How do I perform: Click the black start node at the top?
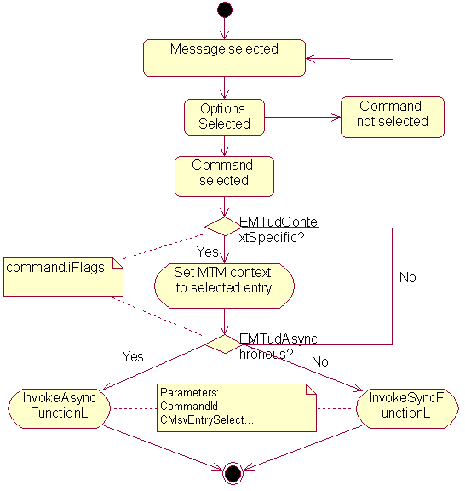click(x=224, y=10)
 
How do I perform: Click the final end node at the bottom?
click(x=232, y=474)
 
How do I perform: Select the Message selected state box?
click(x=224, y=56)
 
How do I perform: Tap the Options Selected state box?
click(x=224, y=117)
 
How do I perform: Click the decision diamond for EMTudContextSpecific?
click(x=224, y=227)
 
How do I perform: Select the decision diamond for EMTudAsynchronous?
click(x=224, y=344)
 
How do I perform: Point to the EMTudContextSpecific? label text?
click(x=278, y=228)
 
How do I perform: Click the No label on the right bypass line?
click(x=408, y=278)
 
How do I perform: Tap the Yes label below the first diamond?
click(x=207, y=252)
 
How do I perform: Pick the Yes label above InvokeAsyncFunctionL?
click(x=134, y=356)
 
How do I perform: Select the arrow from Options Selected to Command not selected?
click(x=302, y=117)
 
